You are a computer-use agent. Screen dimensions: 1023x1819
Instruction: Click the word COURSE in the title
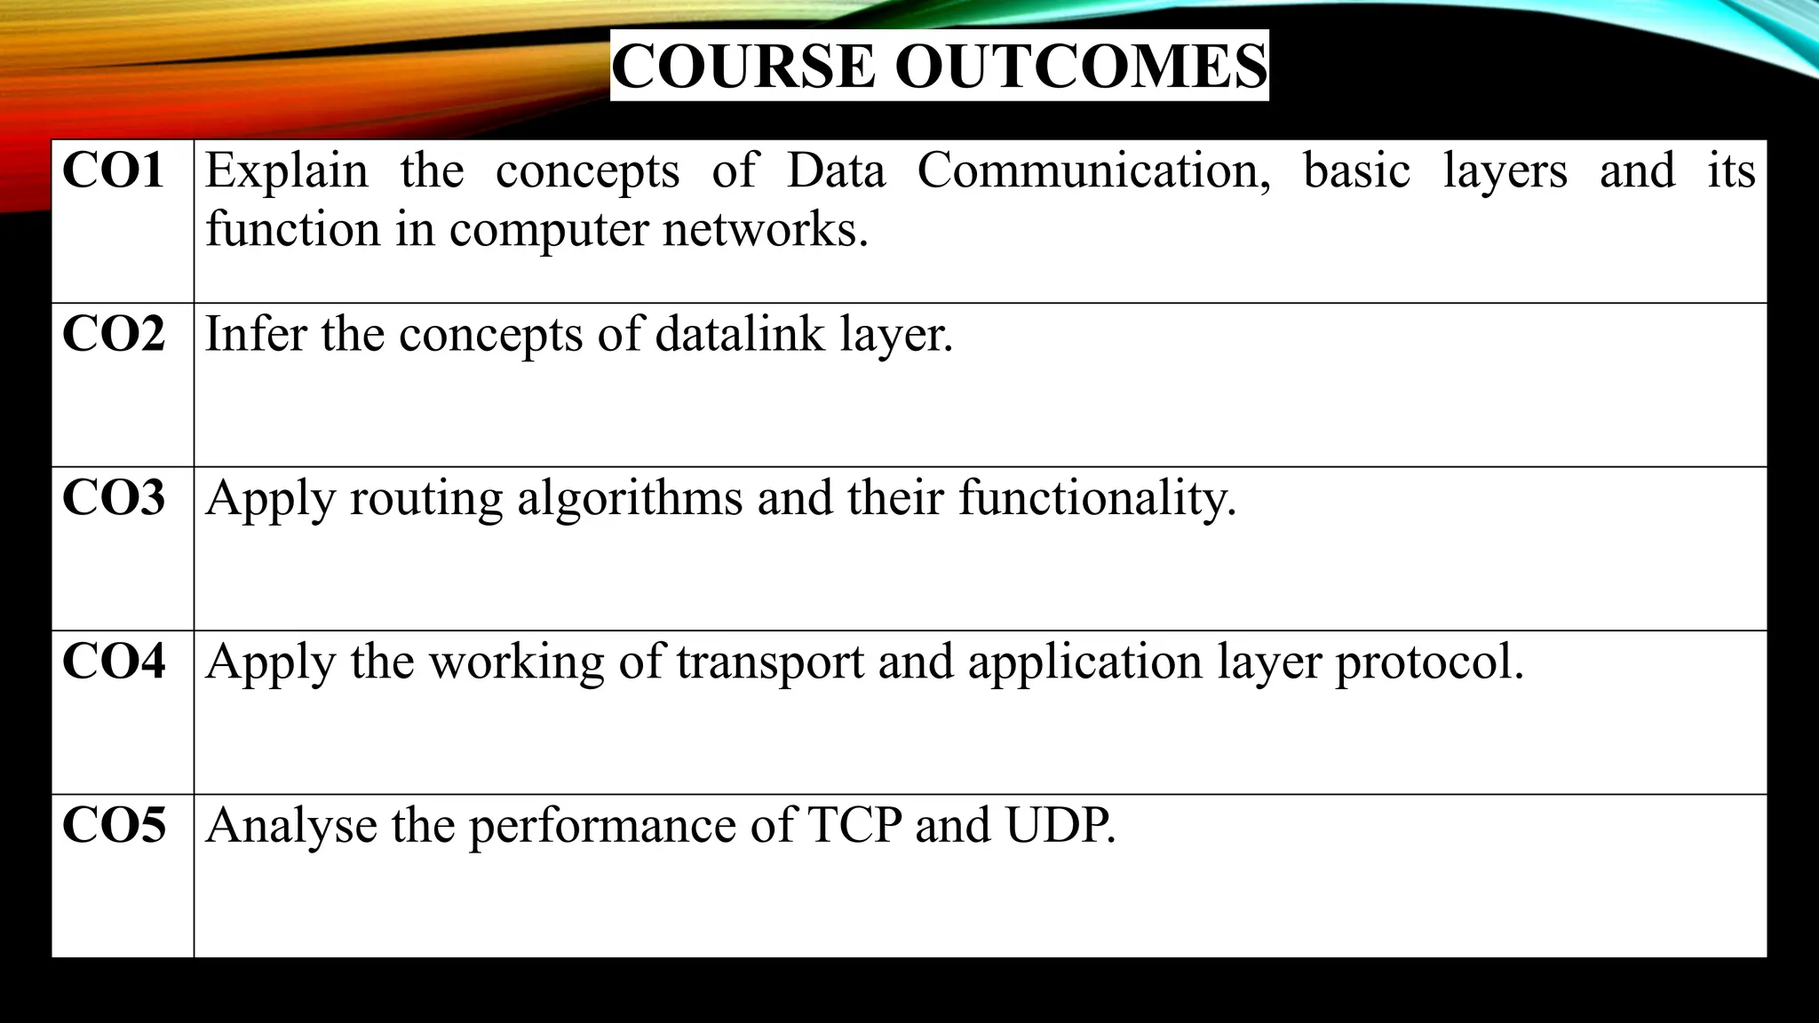pyautogui.click(x=743, y=67)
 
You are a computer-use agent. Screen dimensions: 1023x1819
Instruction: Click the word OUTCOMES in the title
pyautogui.click(x=1080, y=67)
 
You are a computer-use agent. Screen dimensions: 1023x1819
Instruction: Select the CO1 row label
pyautogui.click(x=113, y=170)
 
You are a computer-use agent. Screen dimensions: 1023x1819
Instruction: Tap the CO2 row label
pyautogui.click(x=113, y=334)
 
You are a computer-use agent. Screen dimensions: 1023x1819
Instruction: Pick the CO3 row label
pyautogui.click(x=113, y=497)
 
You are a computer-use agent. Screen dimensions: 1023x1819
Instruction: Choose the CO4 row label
pyautogui.click(x=113, y=662)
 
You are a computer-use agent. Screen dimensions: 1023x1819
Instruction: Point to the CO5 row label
pyautogui.click(x=113, y=825)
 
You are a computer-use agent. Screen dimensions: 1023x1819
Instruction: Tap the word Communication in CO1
pyautogui.click(x=1093, y=170)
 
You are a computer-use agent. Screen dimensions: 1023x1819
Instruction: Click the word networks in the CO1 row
pyautogui.click(x=764, y=229)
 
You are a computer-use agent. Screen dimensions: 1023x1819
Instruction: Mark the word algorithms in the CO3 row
pyautogui.click(x=629, y=498)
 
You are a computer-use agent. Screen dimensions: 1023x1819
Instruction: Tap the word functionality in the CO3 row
pyautogui.click(x=1096, y=498)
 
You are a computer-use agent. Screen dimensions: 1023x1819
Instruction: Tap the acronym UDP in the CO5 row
pyautogui.click(x=1059, y=826)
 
